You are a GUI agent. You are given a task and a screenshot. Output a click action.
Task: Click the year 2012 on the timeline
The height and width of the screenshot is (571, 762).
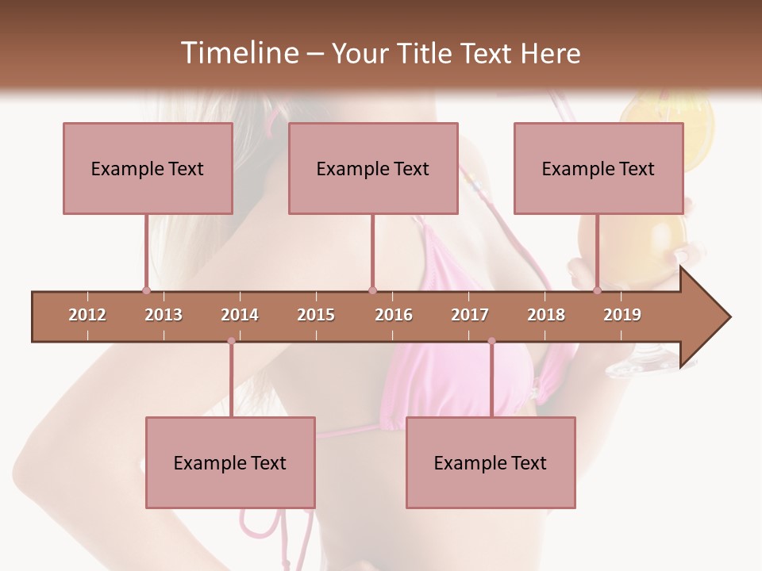(87, 315)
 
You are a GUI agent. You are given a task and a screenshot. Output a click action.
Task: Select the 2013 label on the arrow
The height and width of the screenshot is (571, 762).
(164, 315)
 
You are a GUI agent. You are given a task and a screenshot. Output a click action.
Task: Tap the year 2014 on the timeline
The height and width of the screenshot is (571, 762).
(240, 315)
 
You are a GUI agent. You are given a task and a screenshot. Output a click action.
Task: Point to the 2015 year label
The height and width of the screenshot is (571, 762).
(316, 315)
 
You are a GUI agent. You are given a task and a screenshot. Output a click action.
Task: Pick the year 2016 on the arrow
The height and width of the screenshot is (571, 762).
(394, 315)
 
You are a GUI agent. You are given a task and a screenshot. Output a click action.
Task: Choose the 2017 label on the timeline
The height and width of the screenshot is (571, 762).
(470, 315)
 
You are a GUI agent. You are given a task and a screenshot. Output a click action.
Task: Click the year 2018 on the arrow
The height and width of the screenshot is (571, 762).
(546, 315)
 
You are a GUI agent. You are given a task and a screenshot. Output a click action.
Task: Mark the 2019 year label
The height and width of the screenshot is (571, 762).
(622, 315)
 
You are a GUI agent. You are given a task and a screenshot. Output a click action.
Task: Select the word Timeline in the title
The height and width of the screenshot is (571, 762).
(237, 53)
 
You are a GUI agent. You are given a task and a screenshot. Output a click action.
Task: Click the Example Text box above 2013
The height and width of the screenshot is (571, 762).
(148, 168)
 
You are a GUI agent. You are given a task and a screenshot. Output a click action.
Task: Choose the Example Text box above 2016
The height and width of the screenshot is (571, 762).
(373, 168)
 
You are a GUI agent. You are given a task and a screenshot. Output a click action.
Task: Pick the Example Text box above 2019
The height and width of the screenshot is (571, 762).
(598, 168)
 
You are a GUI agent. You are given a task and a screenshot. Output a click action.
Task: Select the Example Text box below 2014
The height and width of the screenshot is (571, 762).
(230, 462)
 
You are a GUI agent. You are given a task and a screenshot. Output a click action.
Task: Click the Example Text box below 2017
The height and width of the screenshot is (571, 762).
(491, 462)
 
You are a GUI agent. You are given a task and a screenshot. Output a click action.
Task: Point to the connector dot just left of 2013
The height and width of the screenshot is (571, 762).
(146, 291)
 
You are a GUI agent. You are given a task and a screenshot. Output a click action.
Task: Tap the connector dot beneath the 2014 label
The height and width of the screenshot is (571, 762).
(231, 341)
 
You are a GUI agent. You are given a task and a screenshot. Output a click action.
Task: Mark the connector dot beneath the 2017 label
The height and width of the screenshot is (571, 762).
(491, 341)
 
